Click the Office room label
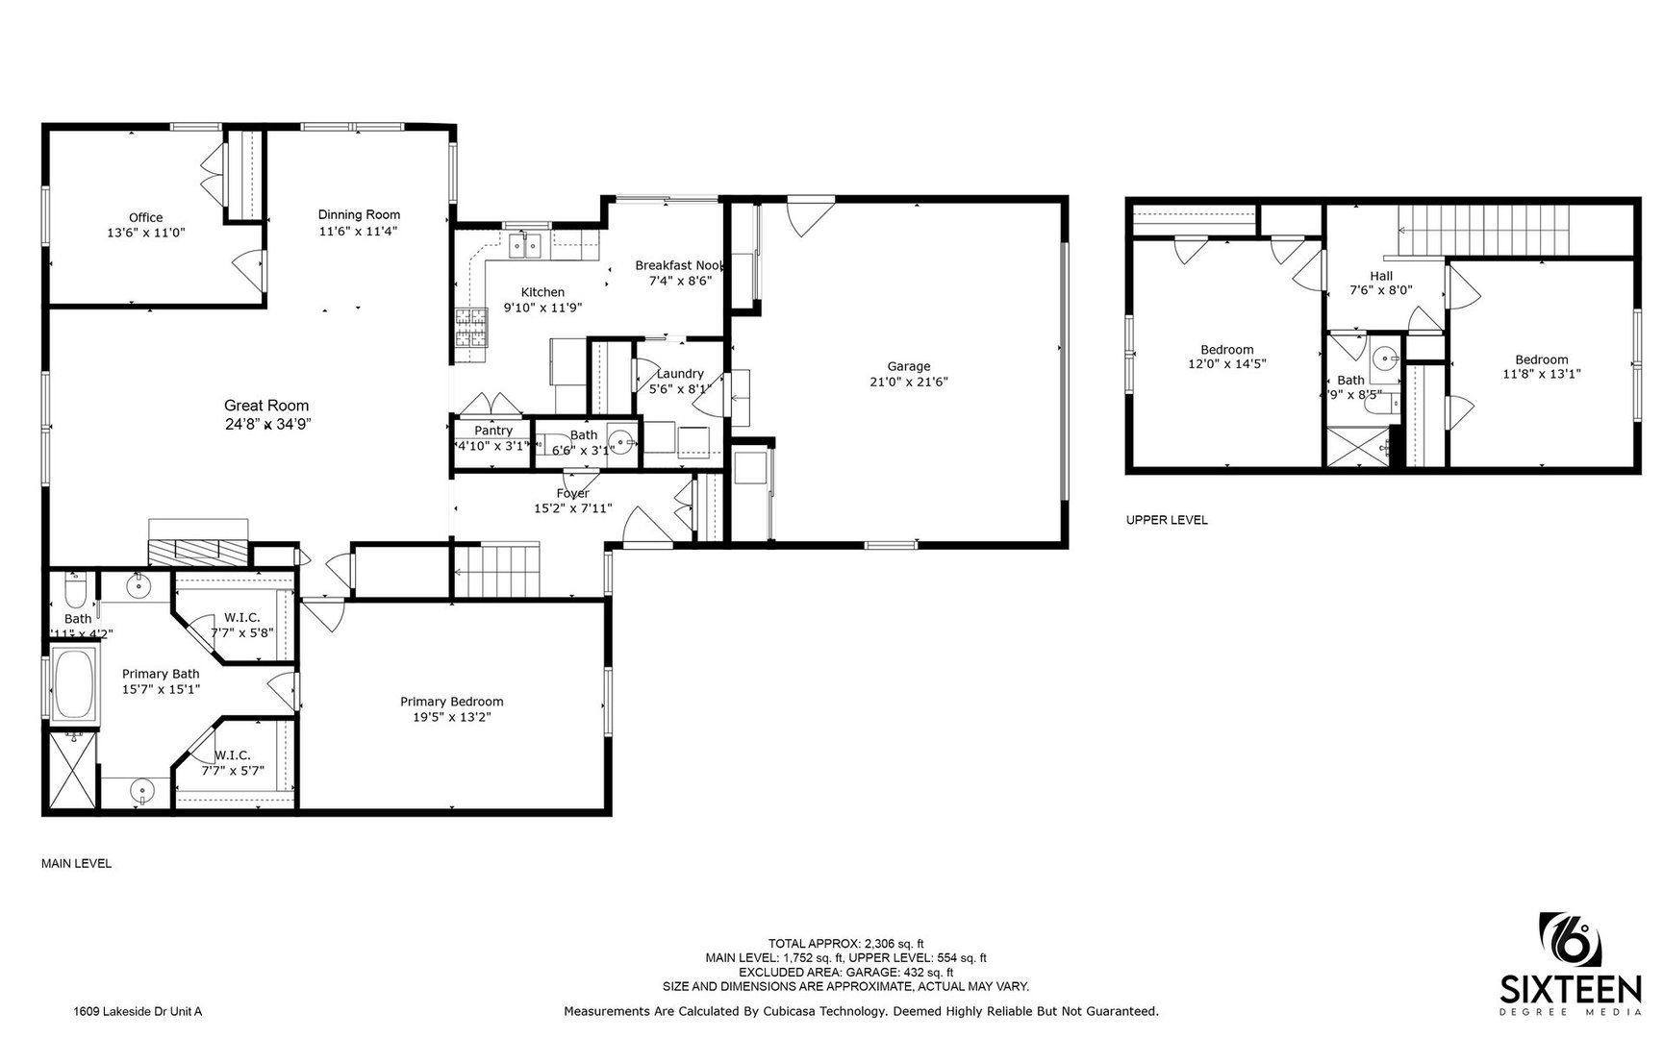145,218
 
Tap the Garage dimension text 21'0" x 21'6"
908,382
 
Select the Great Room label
266,406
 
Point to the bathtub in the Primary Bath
73,683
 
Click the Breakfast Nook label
680,265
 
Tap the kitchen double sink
526,246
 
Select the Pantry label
493,431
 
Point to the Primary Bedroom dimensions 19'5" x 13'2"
451,717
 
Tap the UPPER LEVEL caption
1166,520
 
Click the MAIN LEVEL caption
76,863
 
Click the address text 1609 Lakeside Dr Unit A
138,1011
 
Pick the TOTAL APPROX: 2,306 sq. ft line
845,943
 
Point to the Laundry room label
680,374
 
